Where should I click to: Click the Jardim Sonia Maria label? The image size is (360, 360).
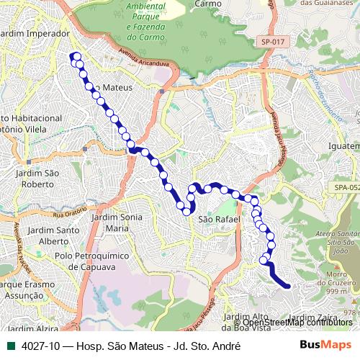coord(117,222)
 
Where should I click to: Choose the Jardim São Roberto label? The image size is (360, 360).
coord(41,179)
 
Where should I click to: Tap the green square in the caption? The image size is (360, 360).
coord(11,346)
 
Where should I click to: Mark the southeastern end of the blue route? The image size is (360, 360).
coord(287,286)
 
